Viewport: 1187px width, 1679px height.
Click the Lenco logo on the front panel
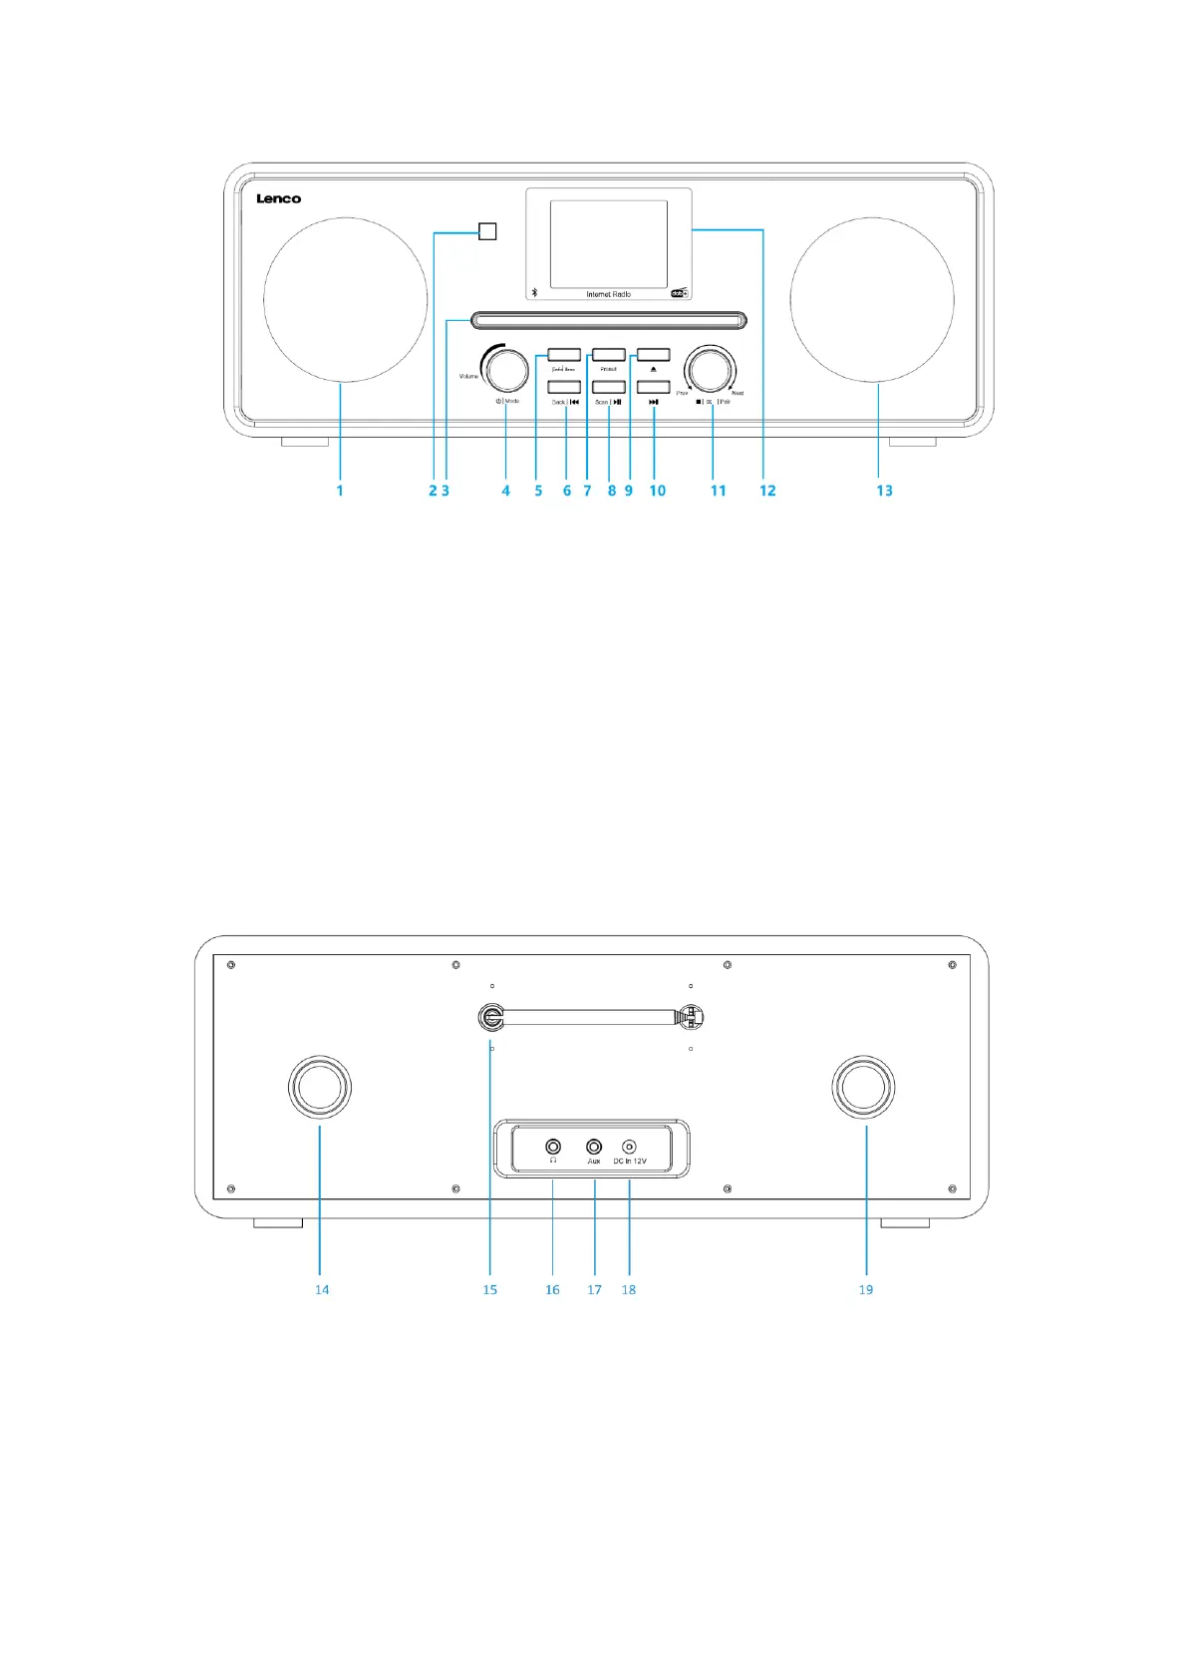[x=278, y=199]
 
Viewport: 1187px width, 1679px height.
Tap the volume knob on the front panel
[x=506, y=369]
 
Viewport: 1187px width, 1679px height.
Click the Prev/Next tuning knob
[x=711, y=369]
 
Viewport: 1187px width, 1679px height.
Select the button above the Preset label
[x=609, y=355]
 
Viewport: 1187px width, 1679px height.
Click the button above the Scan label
[x=609, y=387]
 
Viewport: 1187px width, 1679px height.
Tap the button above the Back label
[x=564, y=387]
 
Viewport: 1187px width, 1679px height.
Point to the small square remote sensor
[x=487, y=231]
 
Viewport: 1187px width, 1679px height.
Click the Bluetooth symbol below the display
[x=534, y=293]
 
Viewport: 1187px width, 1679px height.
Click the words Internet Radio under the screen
[x=608, y=294]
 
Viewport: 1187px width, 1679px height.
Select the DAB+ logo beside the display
[x=679, y=293]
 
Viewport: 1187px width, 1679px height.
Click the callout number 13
[x=884, y=491]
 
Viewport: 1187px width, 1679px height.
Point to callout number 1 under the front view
[x=340, y=491]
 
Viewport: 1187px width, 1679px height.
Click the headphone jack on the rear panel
[x=553, y=1147]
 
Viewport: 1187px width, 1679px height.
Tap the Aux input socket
[x=594, y=1147]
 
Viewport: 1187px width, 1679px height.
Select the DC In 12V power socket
[x=629, y=1147]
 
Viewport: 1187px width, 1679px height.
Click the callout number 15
[x=489, y=1290]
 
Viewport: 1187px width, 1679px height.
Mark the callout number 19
[x=865, y=1290]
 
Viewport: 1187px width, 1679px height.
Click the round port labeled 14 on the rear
[x=320, y=1087]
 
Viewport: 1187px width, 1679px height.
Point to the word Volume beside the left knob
[x=468, y=376]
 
